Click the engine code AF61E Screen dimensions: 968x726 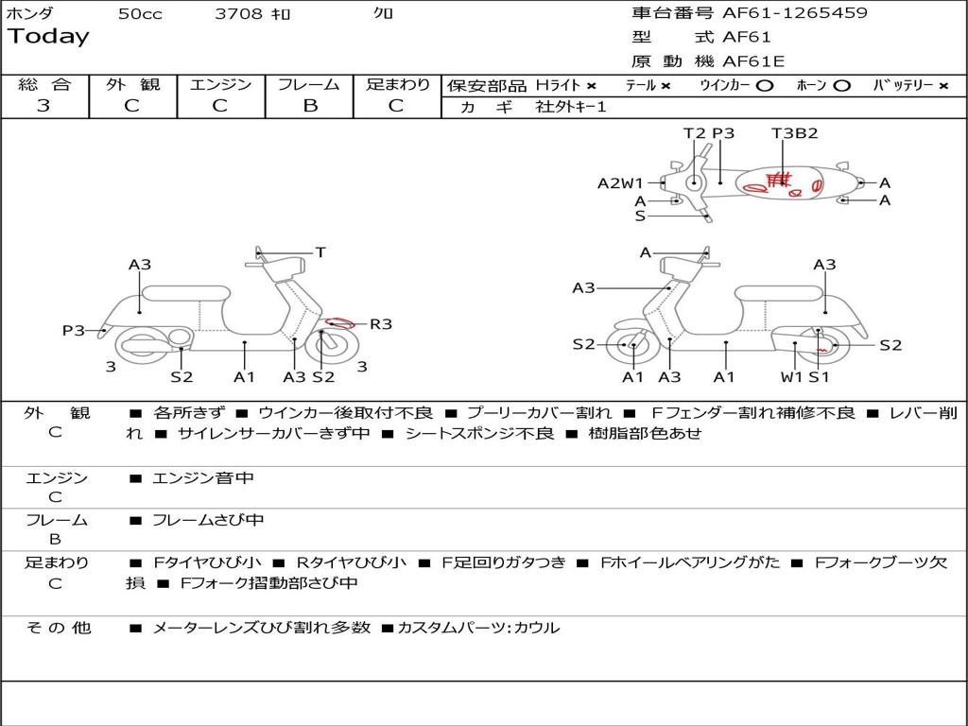coord(753,62)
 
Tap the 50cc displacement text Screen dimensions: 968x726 coord(140,14)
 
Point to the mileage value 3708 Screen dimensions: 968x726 coord(238,14)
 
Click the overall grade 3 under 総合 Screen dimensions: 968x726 coord(43,106)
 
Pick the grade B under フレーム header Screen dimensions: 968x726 coord(309,106)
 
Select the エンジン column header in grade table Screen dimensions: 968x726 coord(220,84)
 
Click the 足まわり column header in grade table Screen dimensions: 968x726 coord(397,84)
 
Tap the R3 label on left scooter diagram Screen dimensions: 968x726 coord(380,324)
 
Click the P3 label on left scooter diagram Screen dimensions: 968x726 coord(74,330)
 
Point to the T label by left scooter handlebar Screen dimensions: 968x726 coord(320,252)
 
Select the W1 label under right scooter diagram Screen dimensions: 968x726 coord(790,377)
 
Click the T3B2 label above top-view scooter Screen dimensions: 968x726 coord(794,133)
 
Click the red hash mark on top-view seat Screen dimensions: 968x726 coord(777,178)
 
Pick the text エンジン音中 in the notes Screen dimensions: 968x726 coord(203,478)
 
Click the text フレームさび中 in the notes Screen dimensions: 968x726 coord(208,520)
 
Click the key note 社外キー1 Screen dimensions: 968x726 coord(571,107)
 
